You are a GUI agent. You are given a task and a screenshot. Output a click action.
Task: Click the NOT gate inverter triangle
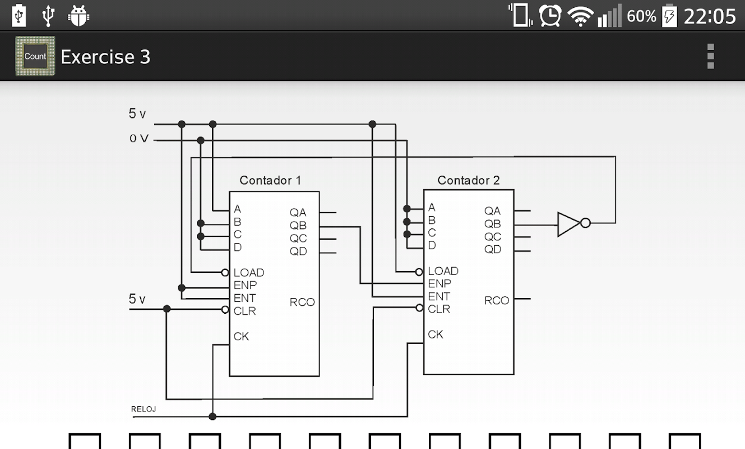tap(568, 223)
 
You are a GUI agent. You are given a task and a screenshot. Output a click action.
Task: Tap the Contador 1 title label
tap(270, 180)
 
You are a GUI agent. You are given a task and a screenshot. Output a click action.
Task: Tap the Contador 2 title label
tap(468, 180)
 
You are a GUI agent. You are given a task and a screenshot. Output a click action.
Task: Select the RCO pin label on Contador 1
tap(302, 302)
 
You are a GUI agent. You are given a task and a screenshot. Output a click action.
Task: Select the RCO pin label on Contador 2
tap(497, 300)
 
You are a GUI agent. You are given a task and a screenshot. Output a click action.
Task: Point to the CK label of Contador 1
tap(241, 336)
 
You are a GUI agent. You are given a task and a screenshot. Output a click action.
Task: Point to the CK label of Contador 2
tap(436, 335)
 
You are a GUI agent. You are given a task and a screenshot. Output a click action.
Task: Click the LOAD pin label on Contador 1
tap(248, 273)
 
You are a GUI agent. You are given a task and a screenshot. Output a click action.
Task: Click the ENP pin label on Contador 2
tap(439, 283)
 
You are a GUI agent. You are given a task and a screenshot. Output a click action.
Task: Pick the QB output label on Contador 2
tap(493, 224)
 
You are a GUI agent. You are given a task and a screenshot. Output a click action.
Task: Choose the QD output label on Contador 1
tap(298, 251)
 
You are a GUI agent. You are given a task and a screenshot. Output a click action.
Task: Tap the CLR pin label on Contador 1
tap(244, 311)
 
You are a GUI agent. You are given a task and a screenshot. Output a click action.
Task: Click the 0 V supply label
tap(138, 139)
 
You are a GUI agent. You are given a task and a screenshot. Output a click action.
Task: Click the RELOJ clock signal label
tap(144, 409)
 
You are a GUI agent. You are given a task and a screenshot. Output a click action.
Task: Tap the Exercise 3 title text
tap(105, 57)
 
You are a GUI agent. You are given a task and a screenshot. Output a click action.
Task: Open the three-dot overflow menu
tap(710, 56)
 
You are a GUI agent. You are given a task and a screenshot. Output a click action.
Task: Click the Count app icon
tap(35, 56)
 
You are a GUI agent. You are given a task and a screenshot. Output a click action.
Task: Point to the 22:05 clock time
tap(710, 16)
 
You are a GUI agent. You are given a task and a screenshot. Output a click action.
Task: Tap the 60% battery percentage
tap(641, 16)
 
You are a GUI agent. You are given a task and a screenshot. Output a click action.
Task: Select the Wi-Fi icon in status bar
tap(580, 16)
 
